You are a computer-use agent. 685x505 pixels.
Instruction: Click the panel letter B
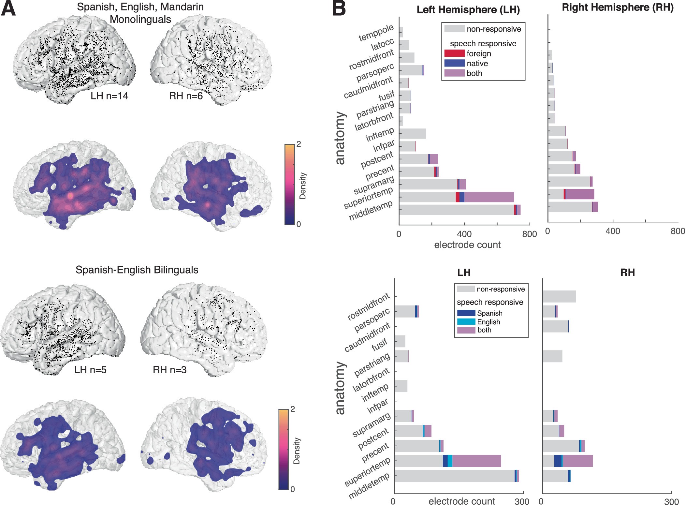pos(339,9)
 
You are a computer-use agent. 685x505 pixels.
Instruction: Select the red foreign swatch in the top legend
pos(454,53)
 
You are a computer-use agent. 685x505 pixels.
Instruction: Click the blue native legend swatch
pos(454,63)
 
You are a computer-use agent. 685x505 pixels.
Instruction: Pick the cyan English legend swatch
pos(466,322)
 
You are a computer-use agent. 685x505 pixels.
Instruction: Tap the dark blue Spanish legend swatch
pos(466,313)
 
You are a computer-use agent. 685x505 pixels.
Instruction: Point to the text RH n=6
pos(186,96)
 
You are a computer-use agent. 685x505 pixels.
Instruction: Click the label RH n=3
pos(169,370)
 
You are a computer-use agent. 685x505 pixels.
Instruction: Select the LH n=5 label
pos(90,370)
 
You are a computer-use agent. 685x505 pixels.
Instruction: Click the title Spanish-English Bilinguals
pos(137,270)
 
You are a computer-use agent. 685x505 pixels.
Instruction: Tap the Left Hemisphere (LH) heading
pos(468,10)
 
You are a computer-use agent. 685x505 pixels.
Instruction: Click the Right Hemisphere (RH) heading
pos(618,8)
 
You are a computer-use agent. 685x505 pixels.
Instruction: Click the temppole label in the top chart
pos(376,33)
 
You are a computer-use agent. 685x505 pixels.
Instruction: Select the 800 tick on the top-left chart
pos(529,234)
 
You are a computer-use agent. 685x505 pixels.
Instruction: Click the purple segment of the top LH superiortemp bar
pos(489,197)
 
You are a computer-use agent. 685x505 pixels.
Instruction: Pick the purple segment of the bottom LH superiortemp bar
pos(476,461)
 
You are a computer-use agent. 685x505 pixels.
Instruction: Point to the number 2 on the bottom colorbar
pos(292,409)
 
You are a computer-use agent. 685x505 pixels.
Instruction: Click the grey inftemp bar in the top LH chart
pos(412,134)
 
